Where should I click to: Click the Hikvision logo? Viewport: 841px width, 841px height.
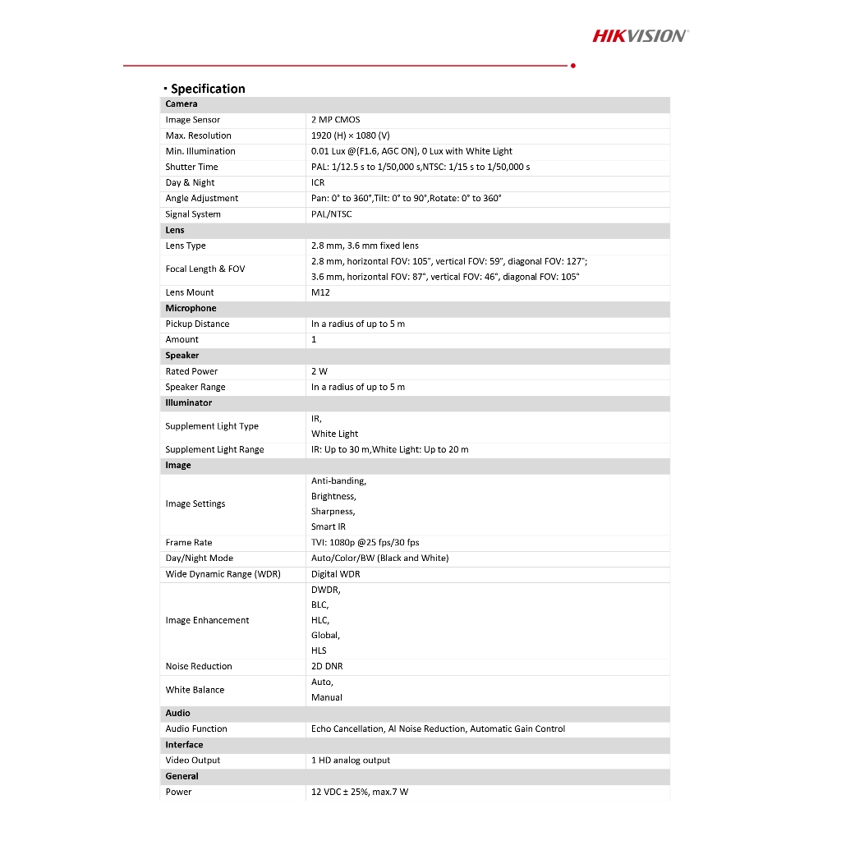pyautogui.click(x=640, y=35)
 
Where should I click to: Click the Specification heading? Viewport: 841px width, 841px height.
pyautogui.click(x=207, y=89)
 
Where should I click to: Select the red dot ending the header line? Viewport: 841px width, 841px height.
pyautogui.click(x=572, y=65)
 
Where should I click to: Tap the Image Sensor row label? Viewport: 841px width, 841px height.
pyautogui.click(x=192, y=120)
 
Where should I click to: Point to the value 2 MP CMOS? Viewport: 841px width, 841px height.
pyautogui.click(x=335, y=120)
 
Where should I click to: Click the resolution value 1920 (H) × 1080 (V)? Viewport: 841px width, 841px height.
pyautogui.click(x=350, y=136)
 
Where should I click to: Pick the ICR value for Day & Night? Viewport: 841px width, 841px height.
pyautogui.click(x=318, y=182)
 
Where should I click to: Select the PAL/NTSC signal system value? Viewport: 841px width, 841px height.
pyautogui.click(x=331, y=214)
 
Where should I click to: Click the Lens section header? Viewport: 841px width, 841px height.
pyautogui.click(x=175, y=230)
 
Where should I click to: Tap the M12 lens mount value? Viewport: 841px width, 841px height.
pyautogui.click(x=319, y=292)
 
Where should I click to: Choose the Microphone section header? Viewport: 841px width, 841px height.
pyautogui.click(x=191, y=308)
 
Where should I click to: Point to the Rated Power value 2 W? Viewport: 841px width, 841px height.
pyautogui.click(x=319, y=371)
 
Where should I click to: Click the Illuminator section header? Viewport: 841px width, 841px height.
pyautogui.click(x=188, y=402)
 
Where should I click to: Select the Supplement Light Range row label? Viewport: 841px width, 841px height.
pyautogui.click(x=214, y=449)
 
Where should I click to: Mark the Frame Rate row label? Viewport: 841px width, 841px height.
pyautogui.click(x=188, y=542)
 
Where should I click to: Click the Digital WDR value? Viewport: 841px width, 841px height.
pyautogui.click(x=335, y=574)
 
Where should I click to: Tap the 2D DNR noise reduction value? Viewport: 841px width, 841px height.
pyautogui.click(x=327, y=666)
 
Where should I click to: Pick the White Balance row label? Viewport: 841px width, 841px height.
pyautogui.click(x=195, y=690)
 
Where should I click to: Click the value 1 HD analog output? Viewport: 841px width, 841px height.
pyautogui.click(x=351, y=761)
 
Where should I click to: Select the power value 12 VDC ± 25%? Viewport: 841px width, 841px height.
pyautogui.click(x=346, y=792)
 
